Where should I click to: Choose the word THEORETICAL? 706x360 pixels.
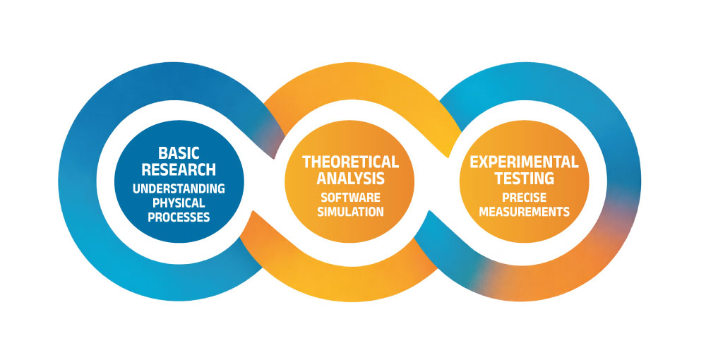click(x=350, y=162)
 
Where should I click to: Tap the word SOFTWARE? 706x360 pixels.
click(x=350, y=197)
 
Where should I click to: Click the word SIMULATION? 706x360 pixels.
click(x=350, y=211)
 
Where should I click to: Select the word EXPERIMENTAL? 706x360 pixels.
click(x=525, y=162)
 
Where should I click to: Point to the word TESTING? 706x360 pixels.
click(x=525, y=179)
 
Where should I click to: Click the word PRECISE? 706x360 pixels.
click(x=525, y=197)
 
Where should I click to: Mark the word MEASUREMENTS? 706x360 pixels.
click(x=525, y=211)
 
